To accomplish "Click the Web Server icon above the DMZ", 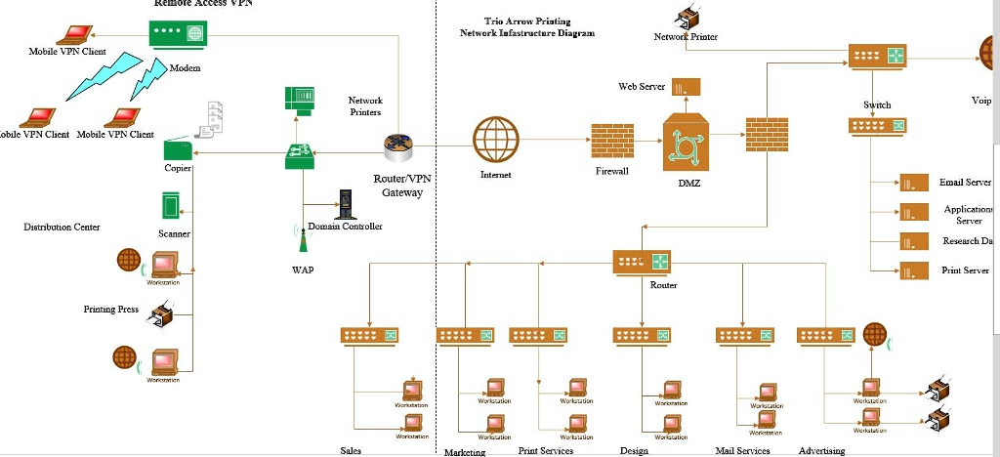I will click(x=686, y=87).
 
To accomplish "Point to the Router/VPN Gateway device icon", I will click(x=400, y=148).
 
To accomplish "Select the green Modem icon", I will click(x=179, y=34).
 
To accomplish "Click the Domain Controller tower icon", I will click(x=344, y=204).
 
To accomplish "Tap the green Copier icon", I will click(x=177, y=150).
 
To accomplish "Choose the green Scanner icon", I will click(x=171, y=206).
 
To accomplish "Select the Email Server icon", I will click(x=913, y=183).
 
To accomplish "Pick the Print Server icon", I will click(x=913, y=271).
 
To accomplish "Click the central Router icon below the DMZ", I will click(x=642, y=263).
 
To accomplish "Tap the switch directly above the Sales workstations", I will click(x=370, y=335).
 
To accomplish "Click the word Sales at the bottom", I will click(x=351, y=451).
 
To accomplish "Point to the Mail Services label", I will click(x=742, y=451).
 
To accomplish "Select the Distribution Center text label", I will click(x=62, y=227).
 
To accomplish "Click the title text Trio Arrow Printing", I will click(x=527, y=21).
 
